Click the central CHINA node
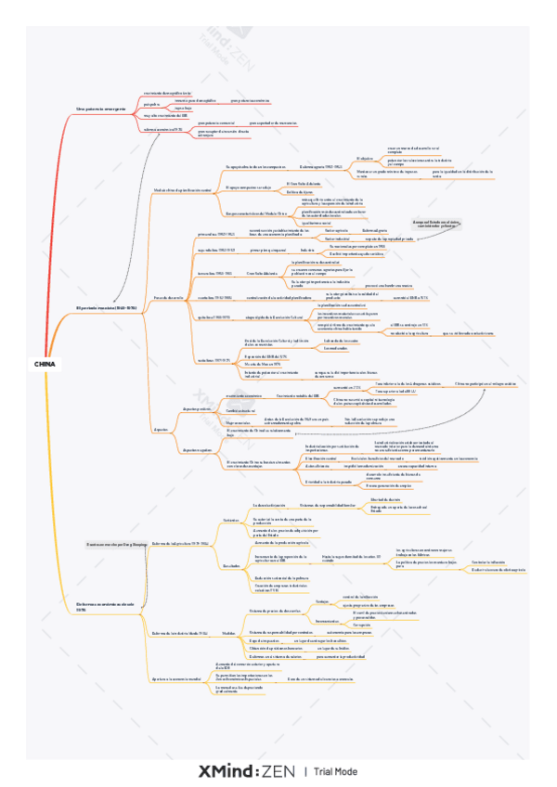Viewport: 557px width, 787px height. coord(44,364)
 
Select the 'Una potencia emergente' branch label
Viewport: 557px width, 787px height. coord(100,109)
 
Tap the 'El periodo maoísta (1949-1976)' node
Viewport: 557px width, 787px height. coord(106,306)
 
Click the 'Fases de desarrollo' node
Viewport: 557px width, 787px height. coord(170,296)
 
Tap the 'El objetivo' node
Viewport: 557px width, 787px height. coord(365,159)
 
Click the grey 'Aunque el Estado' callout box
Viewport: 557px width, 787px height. coord(437,224)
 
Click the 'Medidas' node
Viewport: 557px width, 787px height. coord(228,631)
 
